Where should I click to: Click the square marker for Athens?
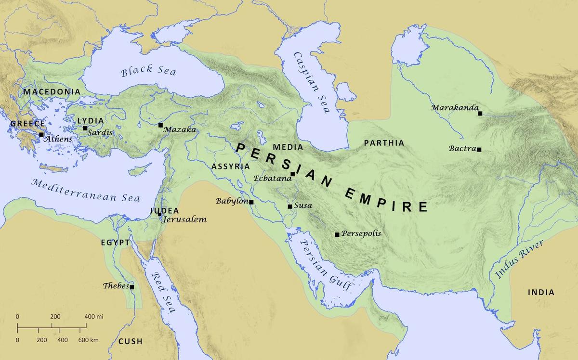click(x=41, y=135)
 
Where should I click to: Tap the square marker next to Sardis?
click(x=85, y=128)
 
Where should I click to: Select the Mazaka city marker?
click(x=160, y=125)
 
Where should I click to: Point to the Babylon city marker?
click(x=251, y=202)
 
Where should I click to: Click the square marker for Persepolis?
click(x=337, y=234)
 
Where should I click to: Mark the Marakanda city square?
click(x=480, y=114)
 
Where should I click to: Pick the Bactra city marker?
click(x=479, y=149)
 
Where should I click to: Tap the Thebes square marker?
click(x=131, y=287)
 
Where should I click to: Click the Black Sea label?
click(x=148, y=71)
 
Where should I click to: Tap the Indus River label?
click(x=519, y=260)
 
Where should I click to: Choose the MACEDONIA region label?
click(x=52, y=91)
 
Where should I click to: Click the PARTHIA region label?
click(x=384, y=143)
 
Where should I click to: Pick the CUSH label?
click(x=130, y=341)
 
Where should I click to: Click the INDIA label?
click(x=541, y=292)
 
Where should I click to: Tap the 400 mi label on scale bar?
click(x=94, y=317)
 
